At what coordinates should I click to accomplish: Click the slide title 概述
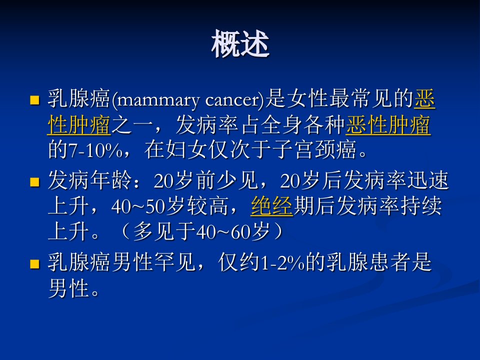point(240,43)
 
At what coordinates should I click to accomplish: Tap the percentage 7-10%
point(95,150)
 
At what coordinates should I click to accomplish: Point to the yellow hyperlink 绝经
point(271,205)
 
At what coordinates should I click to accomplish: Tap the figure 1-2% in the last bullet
point(282,263)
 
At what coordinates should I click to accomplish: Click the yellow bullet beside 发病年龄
point(35,182)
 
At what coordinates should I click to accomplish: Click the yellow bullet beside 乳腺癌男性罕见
point(35,264)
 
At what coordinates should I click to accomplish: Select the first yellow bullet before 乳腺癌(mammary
point(35,100)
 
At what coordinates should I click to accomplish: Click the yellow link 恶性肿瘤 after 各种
point(388,125)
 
